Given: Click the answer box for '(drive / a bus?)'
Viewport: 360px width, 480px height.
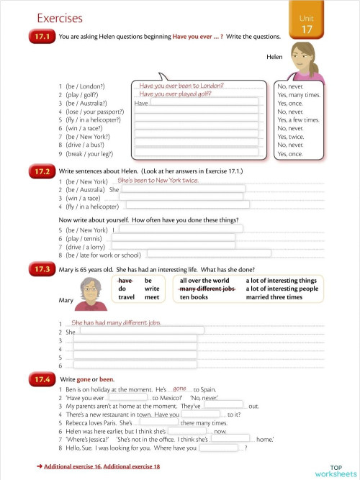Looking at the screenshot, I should pyautogui.click(x=196, y=143).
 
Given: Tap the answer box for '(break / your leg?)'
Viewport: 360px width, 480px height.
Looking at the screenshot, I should pyautogui.click(x=196, y=153).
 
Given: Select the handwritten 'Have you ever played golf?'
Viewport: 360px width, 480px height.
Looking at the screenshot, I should pyautogui.click(x=175, y=94).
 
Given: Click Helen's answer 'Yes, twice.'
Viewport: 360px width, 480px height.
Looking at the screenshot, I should pyautogui.click(x=291, y=137).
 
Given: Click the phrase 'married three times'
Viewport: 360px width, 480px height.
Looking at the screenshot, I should pyautogui.click(x=274, y=297).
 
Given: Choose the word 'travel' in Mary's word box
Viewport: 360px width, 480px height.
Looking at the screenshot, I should pyautogui.click(x=127, y=297).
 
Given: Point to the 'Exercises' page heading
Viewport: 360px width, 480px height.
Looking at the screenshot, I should pyautogui.click(x=59, y=18).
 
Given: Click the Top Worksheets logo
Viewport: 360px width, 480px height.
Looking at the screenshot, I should pyautogui.click(x=335, y=470).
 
